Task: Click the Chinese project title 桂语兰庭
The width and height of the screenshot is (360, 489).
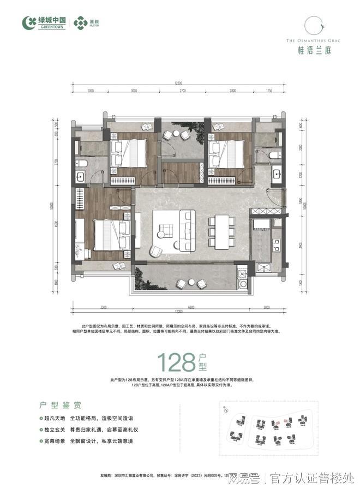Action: point(310,50)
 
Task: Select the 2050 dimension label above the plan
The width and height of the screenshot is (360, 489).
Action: point(91,90)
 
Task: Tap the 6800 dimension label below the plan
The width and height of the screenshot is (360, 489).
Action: point(188,306)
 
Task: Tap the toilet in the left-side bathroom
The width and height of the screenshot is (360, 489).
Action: point(82,164)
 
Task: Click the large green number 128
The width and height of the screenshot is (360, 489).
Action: point(175,361)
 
